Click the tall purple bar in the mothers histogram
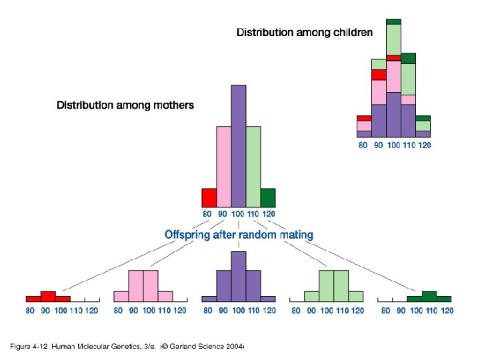[x=238, y=146]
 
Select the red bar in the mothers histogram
[x=209, y=197]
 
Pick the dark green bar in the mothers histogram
[x=267, y=197]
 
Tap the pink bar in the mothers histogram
[x=223, y=167]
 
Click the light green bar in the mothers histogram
[x=253, y=167]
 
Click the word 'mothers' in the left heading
[x=173, y=105]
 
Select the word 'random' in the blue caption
[x=262, y=235]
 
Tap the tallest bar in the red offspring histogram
[x=48, y=296]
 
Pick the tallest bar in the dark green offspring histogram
[x=429, y=296]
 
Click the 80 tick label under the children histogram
[x=363, y=145]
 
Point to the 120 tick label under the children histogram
[x=423, y=145]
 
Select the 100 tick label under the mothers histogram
[x=238, y=214]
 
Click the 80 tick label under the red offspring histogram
[x=31, y=311]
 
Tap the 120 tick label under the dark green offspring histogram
[x=447, y=311]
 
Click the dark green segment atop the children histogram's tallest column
[x=393, y=21]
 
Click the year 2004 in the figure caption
[x=234, y=346]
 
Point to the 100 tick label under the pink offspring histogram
[x=149, y=311]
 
